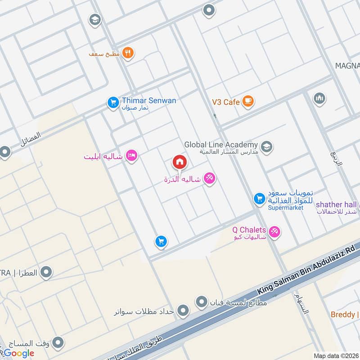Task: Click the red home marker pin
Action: pyautogui.click(x=179, y=162)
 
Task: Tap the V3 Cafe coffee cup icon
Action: pyautogui.click(x=247, y=102)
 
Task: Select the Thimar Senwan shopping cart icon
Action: pyautogui.click(x=112, y=103)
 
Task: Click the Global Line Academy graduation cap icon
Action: pyautogui.click(x=267, y=147)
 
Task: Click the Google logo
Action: pyautogui.click(x=19, y=353)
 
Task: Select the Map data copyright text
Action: pyautogui.click(x=336, y=355)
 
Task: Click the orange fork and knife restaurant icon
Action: pyautogui.click(x=128, y=53)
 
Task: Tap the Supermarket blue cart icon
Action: pyautogui.click(x=259, y=198)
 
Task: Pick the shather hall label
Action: pyautogui.click(x=336, y=205)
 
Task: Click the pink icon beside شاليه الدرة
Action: pyautogui.click(x=209, y=179)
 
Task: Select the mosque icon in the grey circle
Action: pyautogui.click(x=319, y=99)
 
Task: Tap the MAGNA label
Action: pyautogui.click(x=347, y=66)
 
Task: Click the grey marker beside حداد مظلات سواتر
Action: pyautogui.click(x=183, y=310)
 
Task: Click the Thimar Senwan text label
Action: pyautogui.click(x=148, y=100)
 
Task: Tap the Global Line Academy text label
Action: pyautogui.click(x=220, y=145)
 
